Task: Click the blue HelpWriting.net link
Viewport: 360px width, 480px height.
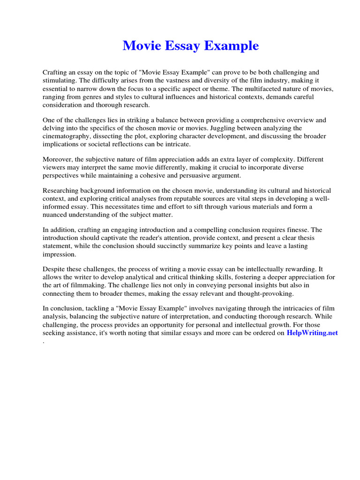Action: (312, 333)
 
